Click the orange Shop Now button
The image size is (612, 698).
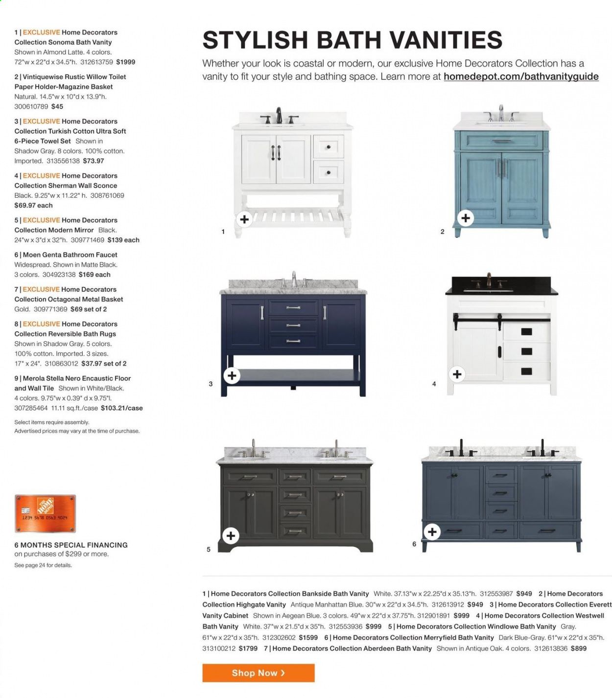pyautogui.click(x=258, y=673)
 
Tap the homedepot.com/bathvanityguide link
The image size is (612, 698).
pyautogui.click(x=521, y=76)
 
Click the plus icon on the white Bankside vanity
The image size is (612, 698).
pyautogui.click(x=244, y=219)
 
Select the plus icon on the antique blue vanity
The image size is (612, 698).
pyautogui.click(x=466, y=218)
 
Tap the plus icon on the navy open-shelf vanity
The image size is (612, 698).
pyautogui.click(x=232, y=376)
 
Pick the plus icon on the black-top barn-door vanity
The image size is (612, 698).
pyautogui.click(x=457, y=374)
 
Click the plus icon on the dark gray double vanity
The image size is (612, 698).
pyautogui.click(x=231, y=535)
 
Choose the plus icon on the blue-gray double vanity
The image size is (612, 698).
pyautogui.click(x=432, y=532)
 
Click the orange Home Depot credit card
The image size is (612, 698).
pyautogui.click(x=45, y=513)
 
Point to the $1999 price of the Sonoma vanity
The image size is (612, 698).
pyautogui.click(x=125, y=62)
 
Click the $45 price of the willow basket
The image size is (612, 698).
pyautogui.click(x=57, y=106)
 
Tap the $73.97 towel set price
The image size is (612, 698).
pyautogui.click(x=94, y=161)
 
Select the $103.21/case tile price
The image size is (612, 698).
pyautogui.click(x=122, y=408)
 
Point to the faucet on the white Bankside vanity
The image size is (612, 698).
pyautogui.click(x=279, y=116)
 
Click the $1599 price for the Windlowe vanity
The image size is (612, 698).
pyautogui.click(x=308, y=637)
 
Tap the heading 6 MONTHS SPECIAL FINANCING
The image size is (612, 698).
pyautogui.click(x=71, y=545)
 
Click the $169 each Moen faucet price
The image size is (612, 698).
pyautogui.click(x=94, y=275)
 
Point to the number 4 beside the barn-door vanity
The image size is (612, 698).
pyautogui.click(x=434, y=384)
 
